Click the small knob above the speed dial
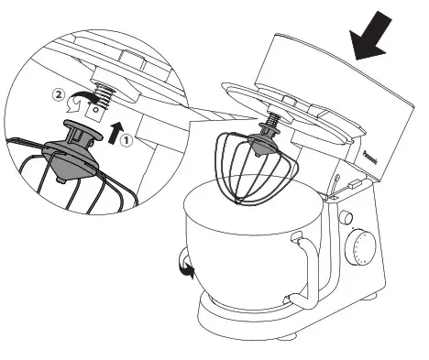click(x=346, y=218)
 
